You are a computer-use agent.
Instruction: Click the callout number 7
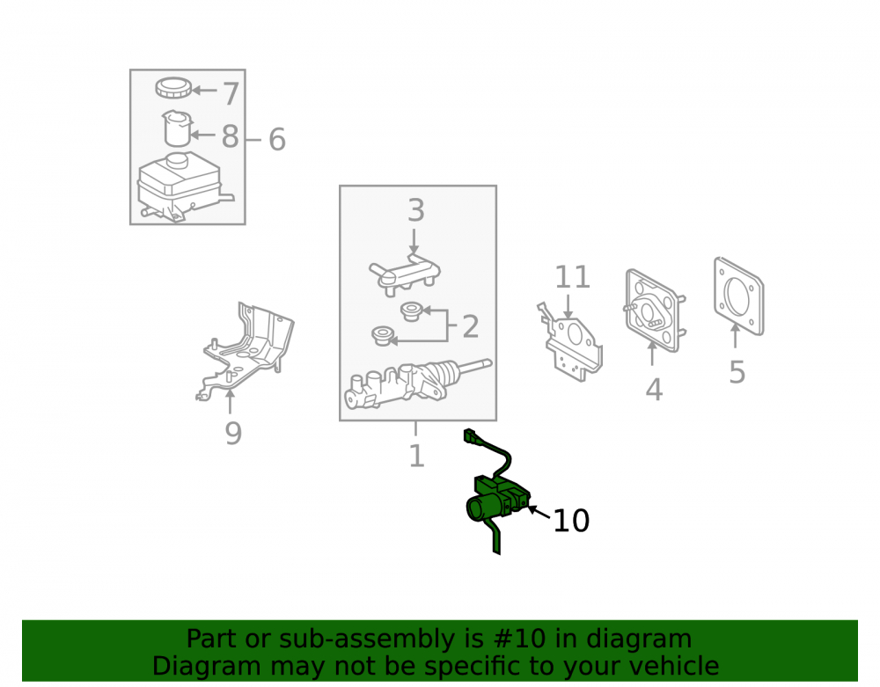pyautogui.click(x=231, y=93)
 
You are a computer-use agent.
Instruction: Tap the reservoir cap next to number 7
pyautogui.click(x=173, y=88)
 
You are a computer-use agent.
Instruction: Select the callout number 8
pyautogui.click(x=230, y=136)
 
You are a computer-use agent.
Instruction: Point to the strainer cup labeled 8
pyautogui.click(x=177, y=128)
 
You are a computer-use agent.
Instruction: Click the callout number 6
pyautogui.click(x=277, y=139)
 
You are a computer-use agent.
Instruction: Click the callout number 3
pyautogui.click(x=416, y=210)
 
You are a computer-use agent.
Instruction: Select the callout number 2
pyautogui.click(x=471, y=326)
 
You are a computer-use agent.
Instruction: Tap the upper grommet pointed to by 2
pyautogui.click(x=411, y=311)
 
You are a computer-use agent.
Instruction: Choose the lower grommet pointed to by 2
pyautogui.click(x=383, y=335)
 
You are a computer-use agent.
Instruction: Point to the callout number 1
pyautogui.click(x=416, y=456)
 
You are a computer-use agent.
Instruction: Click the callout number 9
pyautogui.click(x=233, y=433)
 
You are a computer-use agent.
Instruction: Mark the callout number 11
pyautogui.click(x=573, y=277)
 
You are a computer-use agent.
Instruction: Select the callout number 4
pyautogui.click(x=654, y=389)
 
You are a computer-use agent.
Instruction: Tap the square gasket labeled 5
pyautogui.click(x=739, y=296)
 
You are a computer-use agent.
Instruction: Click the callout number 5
pyautogui.click(x=737, y=372)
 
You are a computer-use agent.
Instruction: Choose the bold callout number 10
pyautogui.click(x=571, y=521)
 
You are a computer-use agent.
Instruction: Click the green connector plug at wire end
pyautogui.click(x=470, y=435)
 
